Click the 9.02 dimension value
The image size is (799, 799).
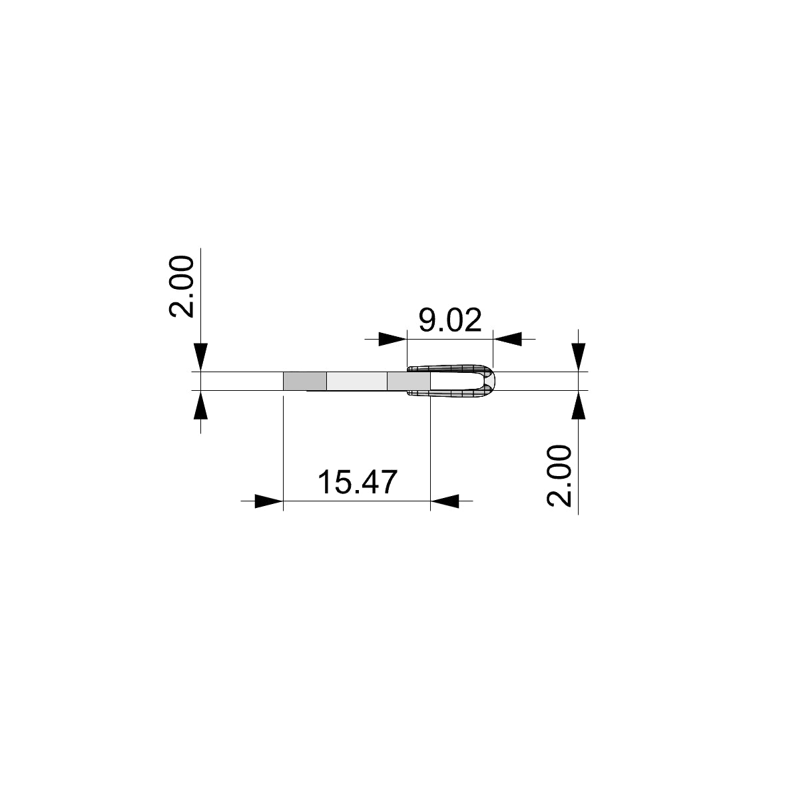pos(449,321)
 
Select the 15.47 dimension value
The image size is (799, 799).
pos(357,483)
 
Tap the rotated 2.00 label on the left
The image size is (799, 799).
pos(180,286)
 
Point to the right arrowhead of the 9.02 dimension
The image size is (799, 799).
pos(507,339)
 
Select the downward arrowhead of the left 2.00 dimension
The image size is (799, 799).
pos(201,358)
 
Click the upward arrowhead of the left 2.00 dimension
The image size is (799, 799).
pos(201,404)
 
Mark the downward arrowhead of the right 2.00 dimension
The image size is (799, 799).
pos(579,358)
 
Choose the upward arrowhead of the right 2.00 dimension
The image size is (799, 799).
pos(579,404)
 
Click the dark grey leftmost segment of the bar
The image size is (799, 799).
pos(305,381)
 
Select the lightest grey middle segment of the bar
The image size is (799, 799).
pos(357,381)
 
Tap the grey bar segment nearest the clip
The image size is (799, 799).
pos(407,381)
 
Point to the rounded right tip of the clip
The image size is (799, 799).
pos(492,381)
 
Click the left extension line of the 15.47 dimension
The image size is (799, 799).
pos(284,453)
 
